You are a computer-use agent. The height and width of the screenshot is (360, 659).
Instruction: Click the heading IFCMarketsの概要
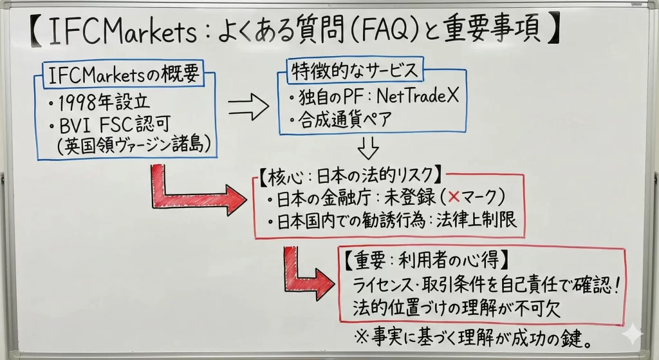pos(123,75)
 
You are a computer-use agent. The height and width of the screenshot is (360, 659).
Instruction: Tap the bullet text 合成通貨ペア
pos(344,120)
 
